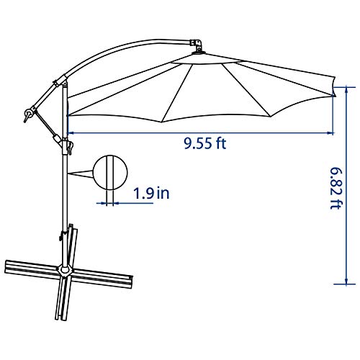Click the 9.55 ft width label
pyautogui.click(x=204, y=143)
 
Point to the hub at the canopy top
pyautogui.click(x=197, y=47)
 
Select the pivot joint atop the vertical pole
pyautogui.click(x=62, y=81)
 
